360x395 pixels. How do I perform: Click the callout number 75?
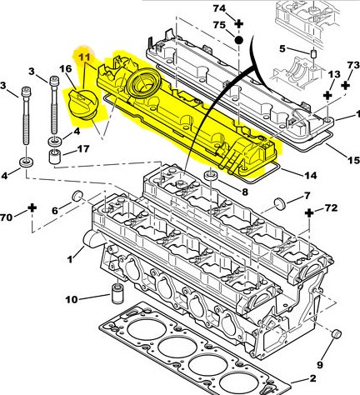[219, 25]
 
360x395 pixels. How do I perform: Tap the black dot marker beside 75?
[238, 40]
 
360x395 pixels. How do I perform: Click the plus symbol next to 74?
[238, 24]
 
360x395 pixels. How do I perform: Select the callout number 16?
[66, 68]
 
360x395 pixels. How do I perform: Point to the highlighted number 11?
[84, 57]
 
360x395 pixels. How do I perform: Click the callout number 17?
[83, 149]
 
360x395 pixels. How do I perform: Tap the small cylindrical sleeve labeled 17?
[55, 157]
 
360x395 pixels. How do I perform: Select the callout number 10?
[72, 300]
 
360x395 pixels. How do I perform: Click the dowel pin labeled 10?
[117, 294]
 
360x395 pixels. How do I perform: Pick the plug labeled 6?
[77, 196]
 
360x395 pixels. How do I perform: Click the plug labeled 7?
[280, 203]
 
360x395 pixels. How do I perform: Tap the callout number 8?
[244, 192]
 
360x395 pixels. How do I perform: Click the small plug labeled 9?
[337, 334]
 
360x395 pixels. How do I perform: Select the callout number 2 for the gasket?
[312, 378]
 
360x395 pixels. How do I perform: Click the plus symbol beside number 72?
[309, 213]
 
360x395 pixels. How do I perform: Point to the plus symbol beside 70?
[32, 207]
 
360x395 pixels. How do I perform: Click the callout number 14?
[310, 176]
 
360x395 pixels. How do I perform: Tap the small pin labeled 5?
[313, 53]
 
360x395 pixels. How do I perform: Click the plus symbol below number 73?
[345, 86]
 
